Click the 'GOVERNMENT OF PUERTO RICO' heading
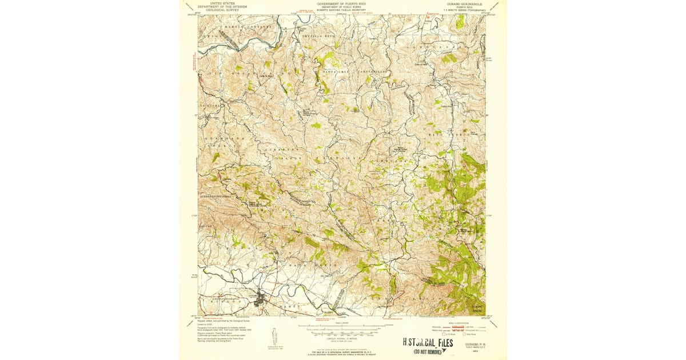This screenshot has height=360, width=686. click(x=343, y=3)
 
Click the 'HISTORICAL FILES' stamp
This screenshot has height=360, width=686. click(x=428, y=343)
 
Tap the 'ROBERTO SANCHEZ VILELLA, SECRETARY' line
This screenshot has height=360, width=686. click(x=343, y=10)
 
